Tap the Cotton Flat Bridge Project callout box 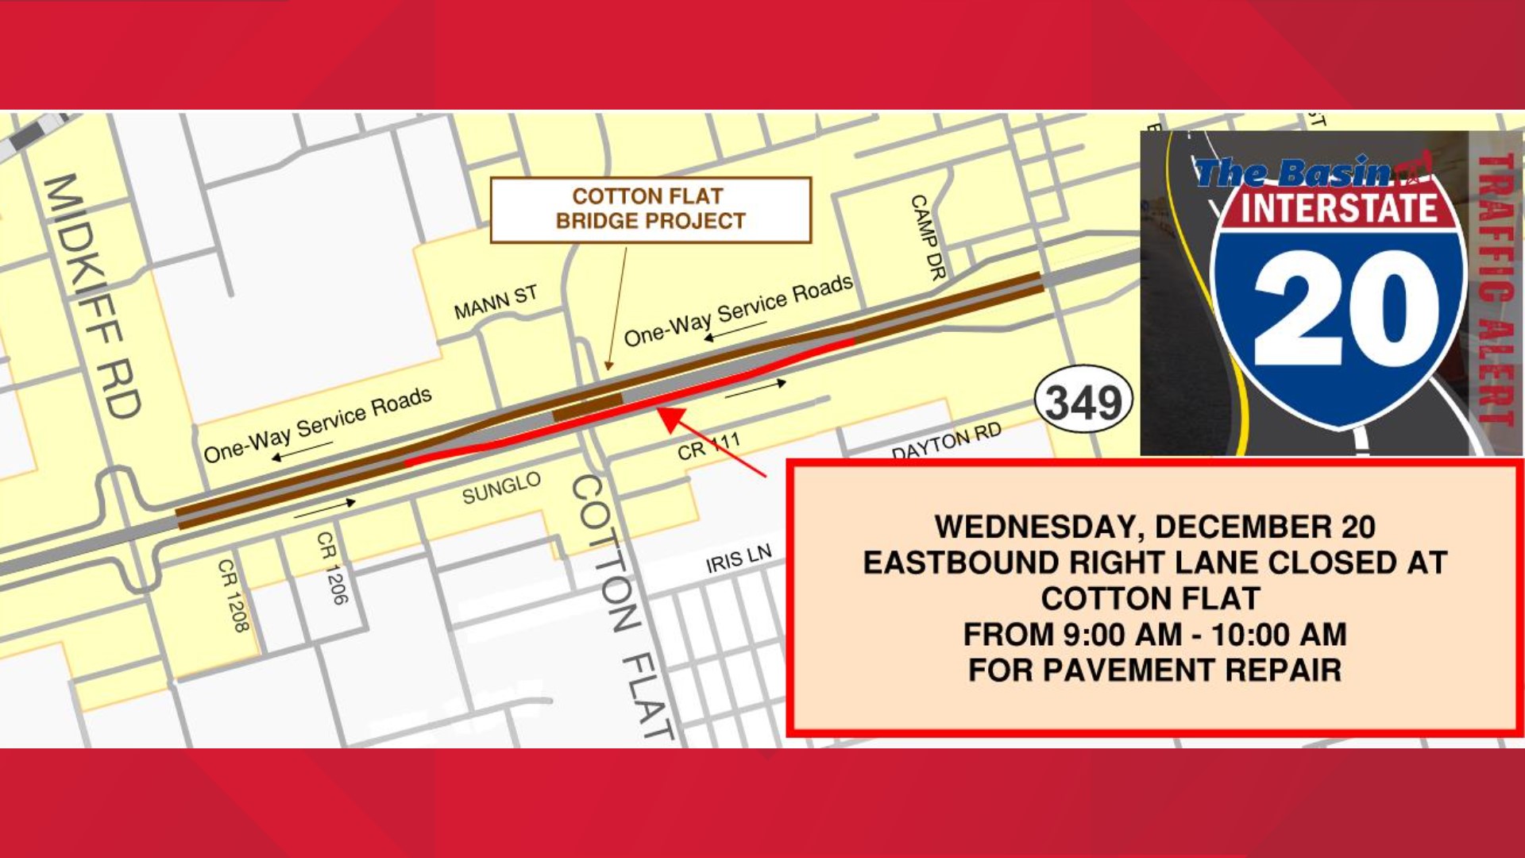[651, 209]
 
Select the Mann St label [496, 303]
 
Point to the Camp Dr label [928, 237]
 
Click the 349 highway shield [1084, 400]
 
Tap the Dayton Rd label [946, 442]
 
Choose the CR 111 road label [708, 446]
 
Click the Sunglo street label [501, 488]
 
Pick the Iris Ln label [738, 559]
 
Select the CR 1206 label [332, 567]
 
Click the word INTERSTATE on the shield [1339, 208]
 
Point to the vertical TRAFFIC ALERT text [1496, 290]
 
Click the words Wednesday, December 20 [1154, 527]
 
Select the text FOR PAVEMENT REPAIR [1154, 670]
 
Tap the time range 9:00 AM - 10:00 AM [1154, 634]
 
